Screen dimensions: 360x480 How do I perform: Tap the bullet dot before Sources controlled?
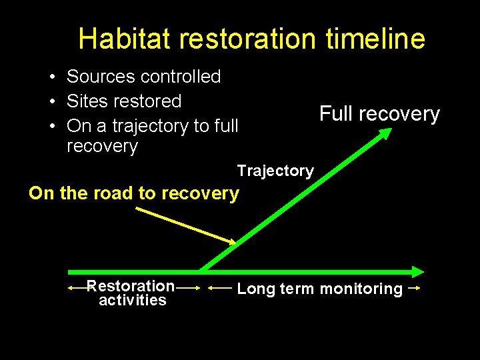pos(51,77)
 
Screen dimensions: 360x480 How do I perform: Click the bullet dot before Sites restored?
pos(51,102)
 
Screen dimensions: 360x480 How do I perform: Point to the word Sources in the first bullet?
pos(101,77)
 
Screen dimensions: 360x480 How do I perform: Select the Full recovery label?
pos(379,114)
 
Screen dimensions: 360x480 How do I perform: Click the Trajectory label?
pos(275,171)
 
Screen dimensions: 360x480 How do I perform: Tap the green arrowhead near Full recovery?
pos(385,134)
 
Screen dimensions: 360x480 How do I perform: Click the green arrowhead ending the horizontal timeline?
pos(417,271)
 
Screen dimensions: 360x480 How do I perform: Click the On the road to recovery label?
pos(133,193)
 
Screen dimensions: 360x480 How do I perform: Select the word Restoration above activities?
pos(131,286)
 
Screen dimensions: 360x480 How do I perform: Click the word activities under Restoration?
pos(132,301)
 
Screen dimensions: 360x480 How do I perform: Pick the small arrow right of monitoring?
pos(413,288)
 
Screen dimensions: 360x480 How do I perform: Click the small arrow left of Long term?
pos(220,288)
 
